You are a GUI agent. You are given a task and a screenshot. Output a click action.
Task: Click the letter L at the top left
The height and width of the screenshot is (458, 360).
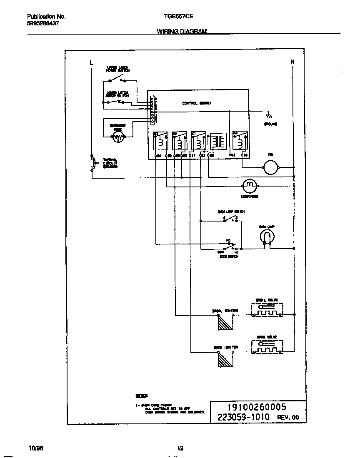91,62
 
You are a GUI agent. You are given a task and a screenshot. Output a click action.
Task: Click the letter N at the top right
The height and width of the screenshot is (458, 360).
292,62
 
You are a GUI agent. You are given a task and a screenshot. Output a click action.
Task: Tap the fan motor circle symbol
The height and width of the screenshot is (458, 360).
270,167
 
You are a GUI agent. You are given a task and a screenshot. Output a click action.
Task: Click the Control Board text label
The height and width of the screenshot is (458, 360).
196,103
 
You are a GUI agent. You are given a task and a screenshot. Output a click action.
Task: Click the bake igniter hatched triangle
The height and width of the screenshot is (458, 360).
224,358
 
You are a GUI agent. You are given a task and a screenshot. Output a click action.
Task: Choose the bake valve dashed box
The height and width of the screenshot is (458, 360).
267,347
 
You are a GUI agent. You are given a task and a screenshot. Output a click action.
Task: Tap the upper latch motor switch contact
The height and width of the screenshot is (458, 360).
121,80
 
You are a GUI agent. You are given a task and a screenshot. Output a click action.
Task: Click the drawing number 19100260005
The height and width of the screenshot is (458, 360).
251,407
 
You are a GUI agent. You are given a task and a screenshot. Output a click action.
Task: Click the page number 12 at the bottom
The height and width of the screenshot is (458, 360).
180,448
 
